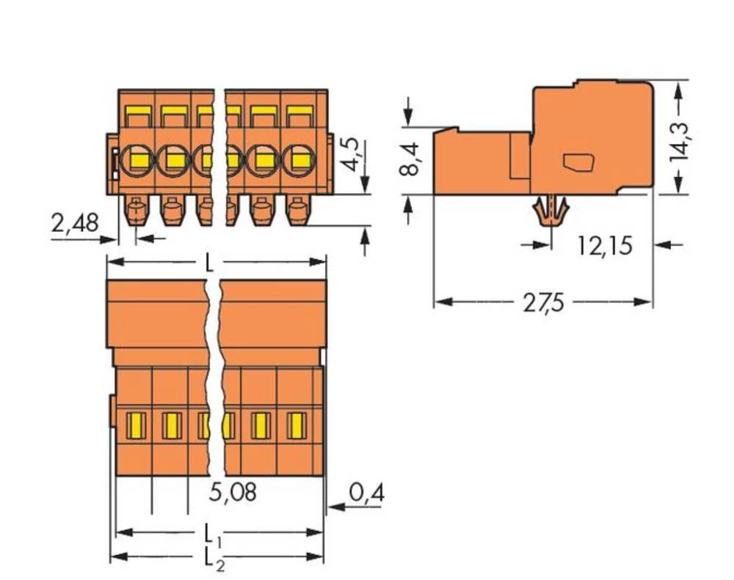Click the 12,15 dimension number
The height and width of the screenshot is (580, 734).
[604, 246]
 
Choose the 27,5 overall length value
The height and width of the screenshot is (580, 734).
[543, 302]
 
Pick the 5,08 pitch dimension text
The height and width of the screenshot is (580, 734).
[233, 493]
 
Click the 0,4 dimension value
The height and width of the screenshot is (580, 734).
[366, 493]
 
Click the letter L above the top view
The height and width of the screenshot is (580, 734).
[210, 262]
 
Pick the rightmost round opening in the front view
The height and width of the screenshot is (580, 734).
[298, 157]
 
